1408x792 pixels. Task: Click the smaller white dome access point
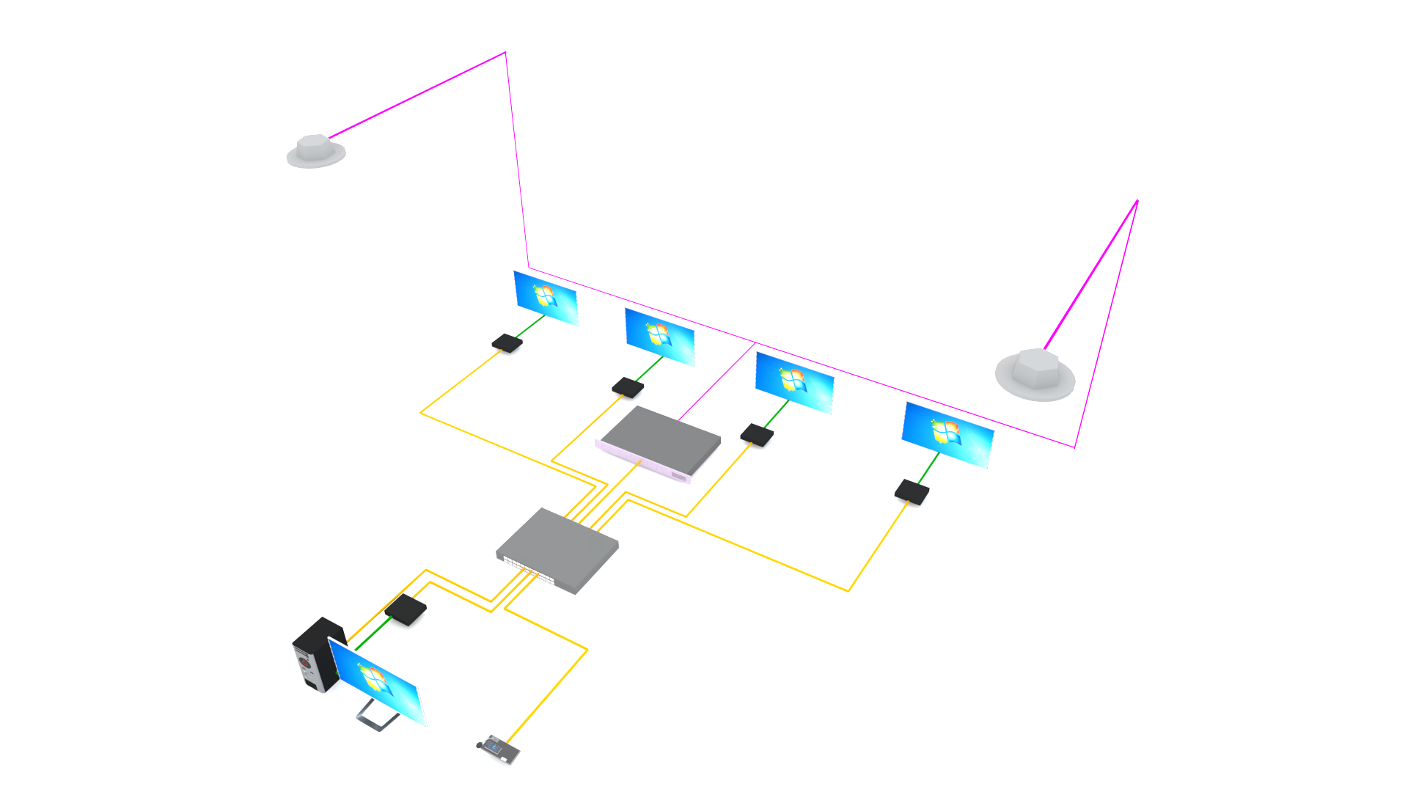[315, 150]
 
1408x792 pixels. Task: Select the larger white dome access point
[1035, 374]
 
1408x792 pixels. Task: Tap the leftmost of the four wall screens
[546, 298]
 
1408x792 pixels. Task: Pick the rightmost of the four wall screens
[947, 434]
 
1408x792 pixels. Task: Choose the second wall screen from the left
[659, 337]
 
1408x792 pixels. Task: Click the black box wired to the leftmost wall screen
[507, 342]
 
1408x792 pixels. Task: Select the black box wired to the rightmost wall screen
[912, 491]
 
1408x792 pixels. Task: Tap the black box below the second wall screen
[628, 387]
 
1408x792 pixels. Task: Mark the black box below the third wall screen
[757, 435]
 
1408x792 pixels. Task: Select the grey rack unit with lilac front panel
[660, 442]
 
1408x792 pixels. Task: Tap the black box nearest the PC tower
[406, 609]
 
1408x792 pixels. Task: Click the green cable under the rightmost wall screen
[928, 467]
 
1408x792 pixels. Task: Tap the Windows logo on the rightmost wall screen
[946, 433]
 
